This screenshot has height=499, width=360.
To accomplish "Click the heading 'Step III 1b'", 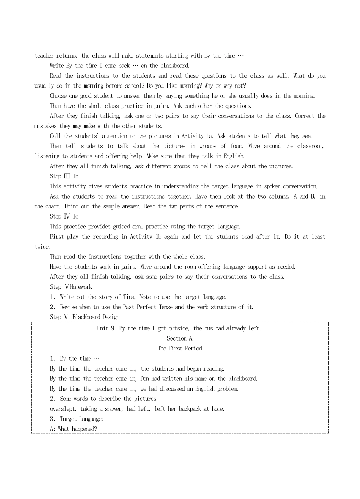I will click(x=64, y=176).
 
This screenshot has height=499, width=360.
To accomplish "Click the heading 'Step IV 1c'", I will click(x=64, y=216).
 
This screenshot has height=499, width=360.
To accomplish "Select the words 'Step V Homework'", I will click(x=71, y=287).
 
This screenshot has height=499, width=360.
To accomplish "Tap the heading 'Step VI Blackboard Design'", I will click(x=85, y=317).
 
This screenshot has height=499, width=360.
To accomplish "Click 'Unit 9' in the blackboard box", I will click(x=106, y=328).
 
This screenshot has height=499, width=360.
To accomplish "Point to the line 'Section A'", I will click(x=180, y=338).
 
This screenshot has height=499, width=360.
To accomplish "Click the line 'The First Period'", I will click(x=180, y=349).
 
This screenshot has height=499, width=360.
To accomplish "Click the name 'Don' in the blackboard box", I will click(x=144, y=379).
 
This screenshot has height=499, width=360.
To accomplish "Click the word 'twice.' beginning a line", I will click(x=42, y=247).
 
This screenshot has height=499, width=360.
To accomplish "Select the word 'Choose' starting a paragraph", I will click(x=58, y=96).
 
